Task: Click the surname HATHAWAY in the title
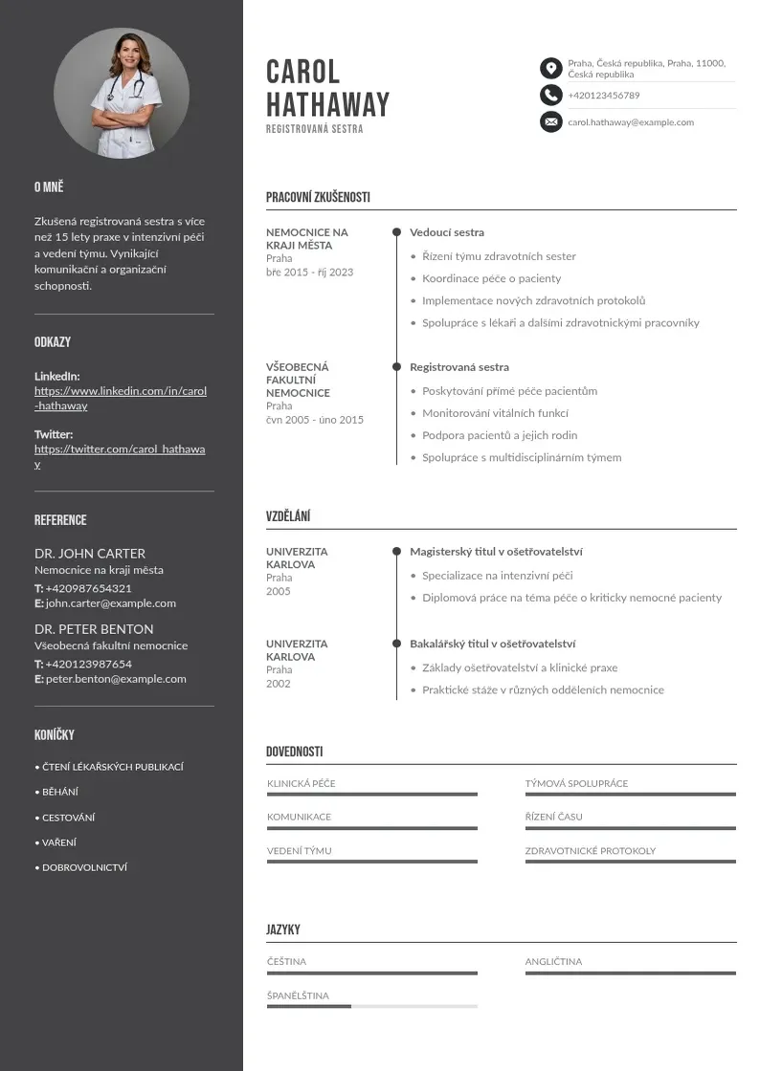[x=327, y=104]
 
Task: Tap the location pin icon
[x=550, y=68]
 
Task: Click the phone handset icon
[x=550, y=95]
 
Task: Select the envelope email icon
[x=550, y=121]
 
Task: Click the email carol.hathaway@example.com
[x=630, y=122]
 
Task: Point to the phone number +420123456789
[x=603, y=96]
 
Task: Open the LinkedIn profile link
[x=121, y=398]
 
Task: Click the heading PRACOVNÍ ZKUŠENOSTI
[x=318, y=198]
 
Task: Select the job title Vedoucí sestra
[x=447, y=232]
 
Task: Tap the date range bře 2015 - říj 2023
[x=309, y=273]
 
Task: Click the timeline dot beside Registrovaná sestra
[x=396, y=366]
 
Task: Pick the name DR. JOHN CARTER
[x=90, y=554]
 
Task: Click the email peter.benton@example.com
[x=116, y=679]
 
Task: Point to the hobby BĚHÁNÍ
[x=59, y=792]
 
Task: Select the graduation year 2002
[x=278, y=684]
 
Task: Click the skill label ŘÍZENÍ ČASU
[x=553, y=817]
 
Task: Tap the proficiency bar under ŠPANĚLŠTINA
[x=371, y=1006]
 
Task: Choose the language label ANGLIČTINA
[x=553, y=962]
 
